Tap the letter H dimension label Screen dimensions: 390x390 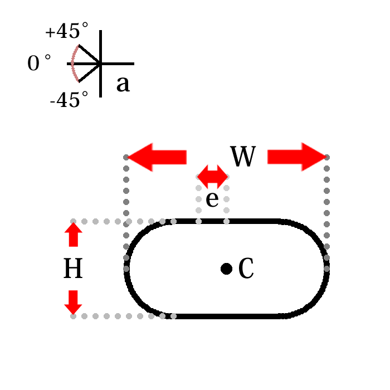coord(73,269)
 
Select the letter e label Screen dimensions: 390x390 coord(212,199)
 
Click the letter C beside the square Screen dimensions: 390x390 coord(246,269)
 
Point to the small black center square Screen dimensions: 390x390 coord(226,269)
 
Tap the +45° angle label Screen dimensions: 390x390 coord(66,32)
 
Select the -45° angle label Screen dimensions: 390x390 coord(69,100)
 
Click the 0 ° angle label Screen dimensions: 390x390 coord(39,64)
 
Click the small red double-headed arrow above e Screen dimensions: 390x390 coord(212,177)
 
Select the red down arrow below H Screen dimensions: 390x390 coord(73,302)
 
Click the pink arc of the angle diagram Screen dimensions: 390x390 coord(72,64)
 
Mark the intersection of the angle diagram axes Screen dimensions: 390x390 coord(100,64)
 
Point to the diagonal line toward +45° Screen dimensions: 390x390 coord(89,53)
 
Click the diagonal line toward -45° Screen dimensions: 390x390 coord(89,73)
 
